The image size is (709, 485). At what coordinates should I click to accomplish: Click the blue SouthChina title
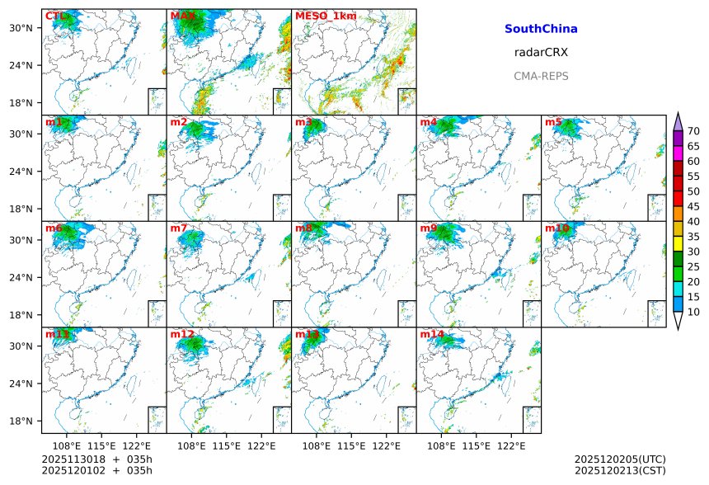[x=541, y=29]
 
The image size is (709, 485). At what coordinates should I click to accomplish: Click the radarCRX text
[x=541, y=53]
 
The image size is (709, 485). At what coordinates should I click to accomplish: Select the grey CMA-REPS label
[x=541, y=76]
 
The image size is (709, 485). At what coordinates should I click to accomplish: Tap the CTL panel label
[x=56, y=16]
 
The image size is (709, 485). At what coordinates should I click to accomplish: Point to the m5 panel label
[x=553, y=122]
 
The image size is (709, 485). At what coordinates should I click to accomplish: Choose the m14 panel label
[x=432, y=334]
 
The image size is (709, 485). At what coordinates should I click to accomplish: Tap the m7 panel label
[x=179, y=228]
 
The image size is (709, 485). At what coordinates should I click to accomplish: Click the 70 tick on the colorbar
[x=693, y=131]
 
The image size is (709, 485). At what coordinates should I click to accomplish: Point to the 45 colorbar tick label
[x=693, y=206]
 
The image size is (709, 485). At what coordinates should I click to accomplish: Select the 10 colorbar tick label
[x=693, y=312]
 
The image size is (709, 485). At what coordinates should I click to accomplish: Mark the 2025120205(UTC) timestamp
[x=620, y=459]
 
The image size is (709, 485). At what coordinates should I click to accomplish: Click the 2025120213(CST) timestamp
[x=620, y=470]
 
